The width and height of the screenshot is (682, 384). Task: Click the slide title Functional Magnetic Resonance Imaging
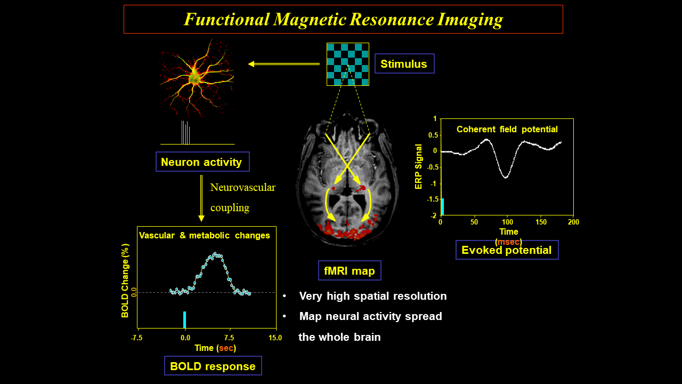[x=343, y=19]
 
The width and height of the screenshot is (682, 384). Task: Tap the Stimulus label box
[x=404, y=64]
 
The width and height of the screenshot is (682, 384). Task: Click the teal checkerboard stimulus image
[x=347, y=64]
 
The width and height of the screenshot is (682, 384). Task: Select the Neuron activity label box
[x=202, y=162]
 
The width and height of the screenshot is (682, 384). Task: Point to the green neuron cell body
[x=196, y=78]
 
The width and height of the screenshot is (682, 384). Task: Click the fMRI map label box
[x=349, y=271]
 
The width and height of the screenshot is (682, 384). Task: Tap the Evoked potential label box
[x=507, y=250]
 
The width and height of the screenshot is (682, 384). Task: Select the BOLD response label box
[x=213, y=366]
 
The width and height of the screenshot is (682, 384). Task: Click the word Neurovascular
[x=242, y=187]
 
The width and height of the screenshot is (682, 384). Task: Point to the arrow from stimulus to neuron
[x=284, y=64]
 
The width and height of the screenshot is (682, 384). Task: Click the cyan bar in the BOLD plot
[x=184, y=320]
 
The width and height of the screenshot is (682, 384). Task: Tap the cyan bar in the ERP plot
[x=442, y=206]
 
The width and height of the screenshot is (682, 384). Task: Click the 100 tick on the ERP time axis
[x=507, y=221]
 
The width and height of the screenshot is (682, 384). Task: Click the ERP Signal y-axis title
[x=419, y=167]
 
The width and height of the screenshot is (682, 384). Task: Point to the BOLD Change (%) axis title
[x=125, y=281]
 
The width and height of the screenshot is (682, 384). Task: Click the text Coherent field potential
[x=507, y=129]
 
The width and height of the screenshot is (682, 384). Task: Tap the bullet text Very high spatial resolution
[x=372, y=296]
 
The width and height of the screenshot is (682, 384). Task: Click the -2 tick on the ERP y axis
[x=434, y=215]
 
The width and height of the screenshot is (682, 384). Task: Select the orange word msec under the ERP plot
[x=508, y=242]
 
